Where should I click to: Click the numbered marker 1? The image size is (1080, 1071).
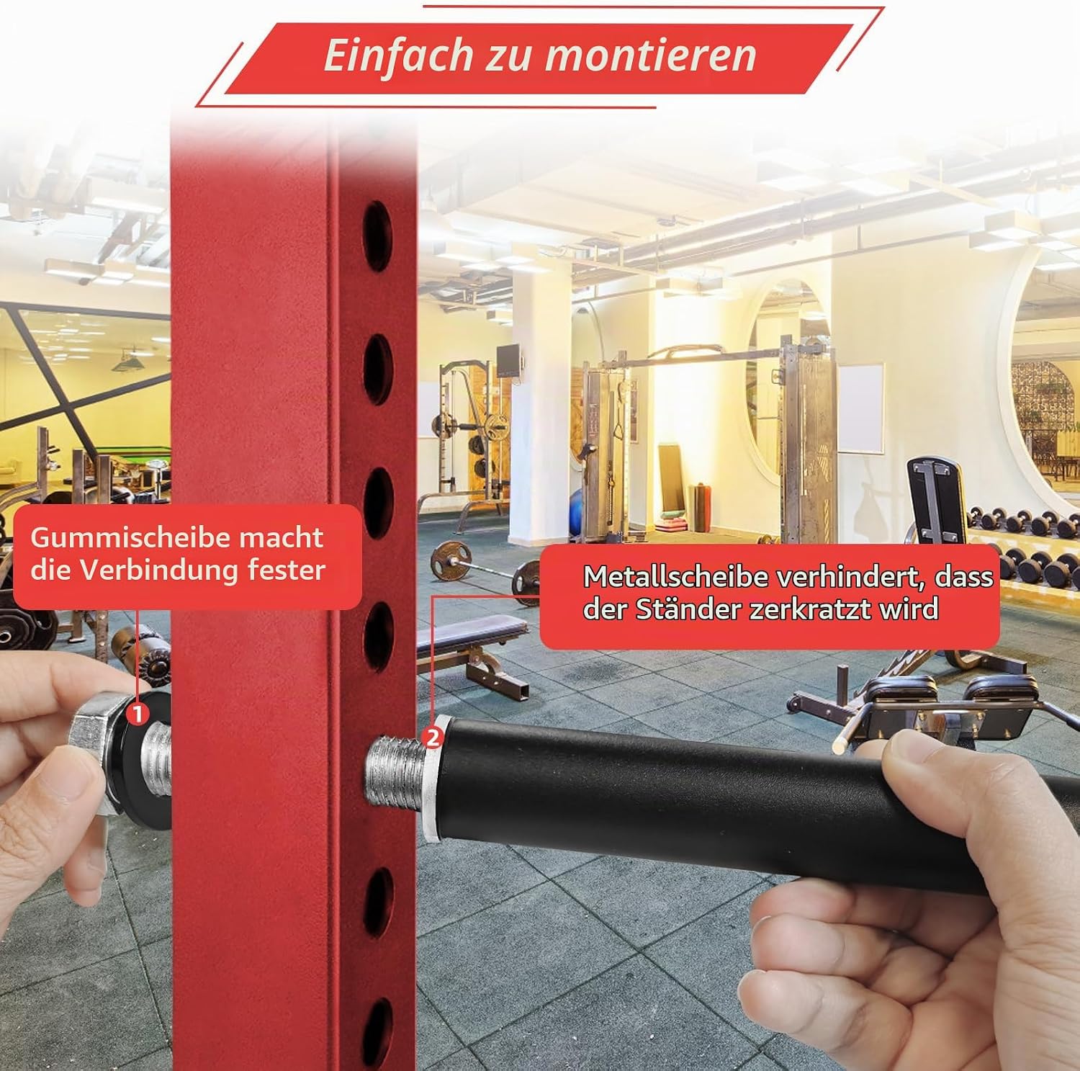click(137, 714)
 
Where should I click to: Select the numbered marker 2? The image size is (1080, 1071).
click(432, 738)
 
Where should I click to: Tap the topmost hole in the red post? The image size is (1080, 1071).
click(378, 237)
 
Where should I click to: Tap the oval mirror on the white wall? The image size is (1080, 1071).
click(788, 375)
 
